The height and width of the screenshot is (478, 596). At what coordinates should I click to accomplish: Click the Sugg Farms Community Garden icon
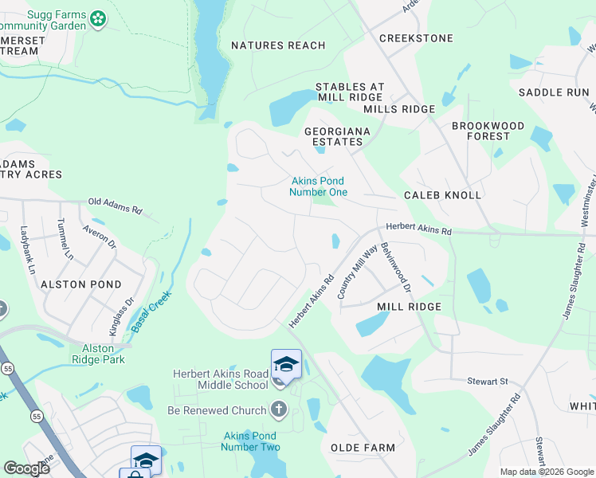coord(98,18)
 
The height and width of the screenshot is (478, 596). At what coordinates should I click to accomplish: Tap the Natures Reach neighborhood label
coord(278,45)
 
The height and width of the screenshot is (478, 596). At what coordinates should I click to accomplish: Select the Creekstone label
coord(416,38)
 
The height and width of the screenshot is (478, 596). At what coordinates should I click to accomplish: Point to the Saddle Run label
coord(554,92)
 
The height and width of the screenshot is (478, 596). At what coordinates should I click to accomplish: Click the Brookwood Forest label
coord(488,131)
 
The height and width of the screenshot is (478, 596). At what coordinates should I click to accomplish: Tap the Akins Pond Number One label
coord(318,186)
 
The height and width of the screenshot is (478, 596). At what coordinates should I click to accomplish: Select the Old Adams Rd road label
coord(115,206)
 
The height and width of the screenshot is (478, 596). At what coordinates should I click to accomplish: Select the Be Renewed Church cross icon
coord(278,410)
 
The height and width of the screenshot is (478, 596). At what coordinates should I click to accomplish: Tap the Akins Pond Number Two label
coord(250,441)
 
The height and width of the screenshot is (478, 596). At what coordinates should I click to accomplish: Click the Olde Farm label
coord(363,448)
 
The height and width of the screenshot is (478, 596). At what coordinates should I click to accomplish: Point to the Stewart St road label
coord(487,382)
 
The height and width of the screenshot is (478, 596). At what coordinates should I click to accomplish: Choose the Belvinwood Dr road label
coord(395,267)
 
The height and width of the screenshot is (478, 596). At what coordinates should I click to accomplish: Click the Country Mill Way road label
coord(347,272)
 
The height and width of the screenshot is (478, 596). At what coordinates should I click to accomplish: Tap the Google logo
coord(26,468)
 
